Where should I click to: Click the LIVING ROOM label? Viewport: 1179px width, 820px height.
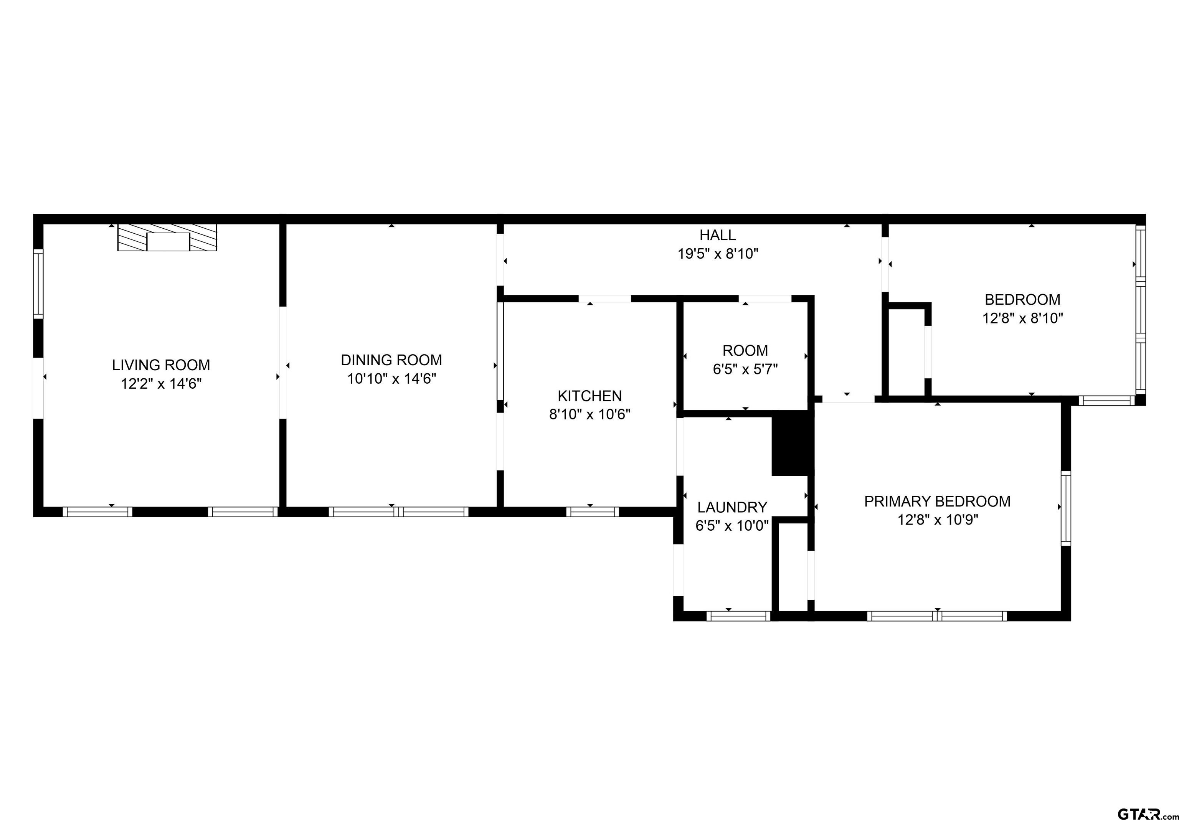(161, 365)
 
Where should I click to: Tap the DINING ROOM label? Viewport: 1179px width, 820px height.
(391, 360)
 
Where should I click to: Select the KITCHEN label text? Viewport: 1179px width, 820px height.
(589, 396)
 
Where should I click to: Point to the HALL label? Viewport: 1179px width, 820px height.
(717, 235)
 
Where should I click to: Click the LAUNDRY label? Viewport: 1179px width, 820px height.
(732, 507)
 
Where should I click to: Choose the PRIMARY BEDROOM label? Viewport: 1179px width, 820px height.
(937, 502)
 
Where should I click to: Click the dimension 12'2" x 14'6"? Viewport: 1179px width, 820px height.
(161, 384)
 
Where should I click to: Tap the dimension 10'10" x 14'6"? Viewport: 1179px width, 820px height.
(391, 378)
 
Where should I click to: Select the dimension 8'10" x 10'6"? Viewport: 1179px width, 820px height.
(589, 414)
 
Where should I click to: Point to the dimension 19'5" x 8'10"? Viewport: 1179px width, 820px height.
(717, 254)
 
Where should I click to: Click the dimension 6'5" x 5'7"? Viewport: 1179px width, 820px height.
(745, 369)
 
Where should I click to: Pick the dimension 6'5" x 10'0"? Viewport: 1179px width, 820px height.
(732, 526)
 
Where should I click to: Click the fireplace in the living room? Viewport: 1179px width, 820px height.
(167, 238)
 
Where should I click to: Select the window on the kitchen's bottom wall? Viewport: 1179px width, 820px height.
(592, 512)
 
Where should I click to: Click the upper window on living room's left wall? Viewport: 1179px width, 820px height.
(38, 284)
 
